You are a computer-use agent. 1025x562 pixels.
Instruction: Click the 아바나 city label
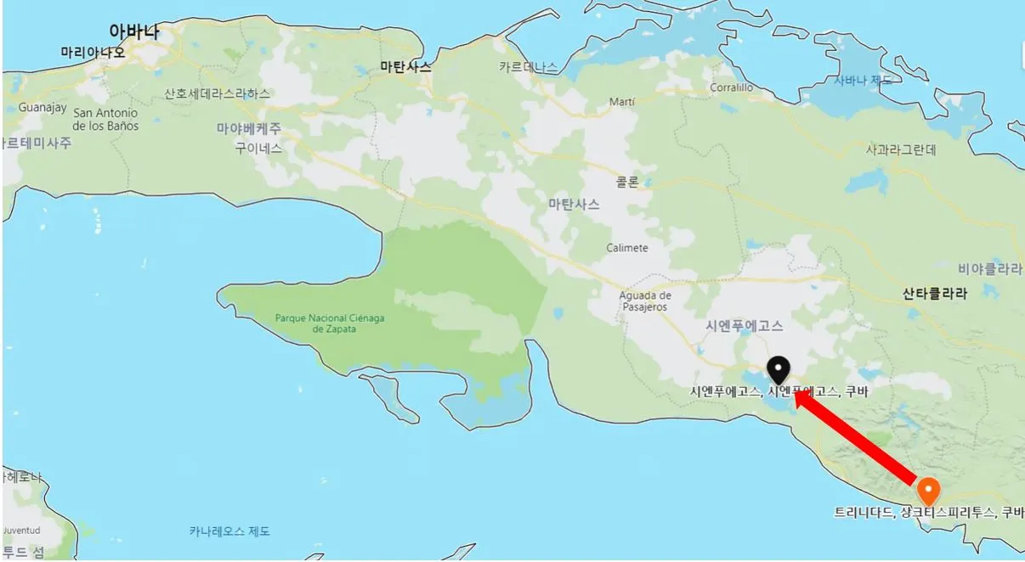tap(134, 31)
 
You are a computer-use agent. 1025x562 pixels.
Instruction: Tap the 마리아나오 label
tap(93, 53)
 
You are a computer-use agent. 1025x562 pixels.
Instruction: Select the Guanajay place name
tap(42, 108)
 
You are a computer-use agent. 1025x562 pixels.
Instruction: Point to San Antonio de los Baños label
tap(105, 120)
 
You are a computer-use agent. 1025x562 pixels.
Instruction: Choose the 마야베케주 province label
tap(248, 128)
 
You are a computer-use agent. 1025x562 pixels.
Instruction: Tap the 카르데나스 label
tap(529, 67)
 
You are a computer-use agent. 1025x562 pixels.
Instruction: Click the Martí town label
tap(622, 102)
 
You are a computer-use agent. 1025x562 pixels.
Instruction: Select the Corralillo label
tap(732, 87)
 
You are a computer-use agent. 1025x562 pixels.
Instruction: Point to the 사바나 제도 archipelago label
tap(863, 81)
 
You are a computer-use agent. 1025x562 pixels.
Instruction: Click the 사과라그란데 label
tap(901, 150)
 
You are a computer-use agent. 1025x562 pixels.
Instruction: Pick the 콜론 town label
tap(627, 182)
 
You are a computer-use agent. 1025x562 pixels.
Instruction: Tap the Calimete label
tap(627, 248)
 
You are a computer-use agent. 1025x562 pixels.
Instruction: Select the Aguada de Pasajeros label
tap(644, 301)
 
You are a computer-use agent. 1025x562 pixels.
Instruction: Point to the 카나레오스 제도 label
tap(229, 531)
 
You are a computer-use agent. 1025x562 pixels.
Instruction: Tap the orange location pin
tap(928, 491)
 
